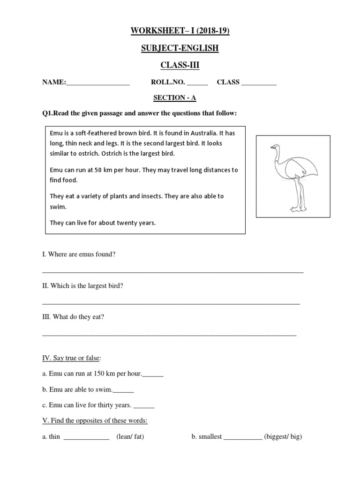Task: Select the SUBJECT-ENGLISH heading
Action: [180, 48]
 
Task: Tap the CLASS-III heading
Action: [180, 65]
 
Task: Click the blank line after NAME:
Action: [98, 83]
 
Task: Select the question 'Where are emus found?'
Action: [79, 254]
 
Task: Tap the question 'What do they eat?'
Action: [73, 317]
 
